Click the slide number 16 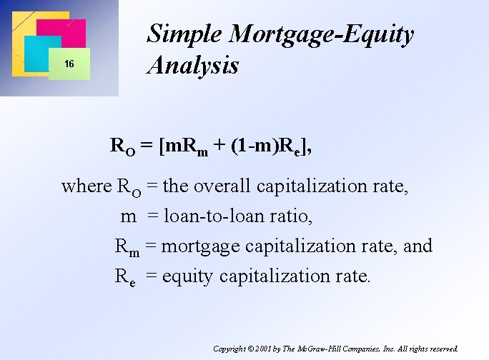69,64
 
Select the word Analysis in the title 192,66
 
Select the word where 87,186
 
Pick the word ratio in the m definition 292,216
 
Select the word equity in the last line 189,276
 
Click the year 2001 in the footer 266,349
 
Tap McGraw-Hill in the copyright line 326,349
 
